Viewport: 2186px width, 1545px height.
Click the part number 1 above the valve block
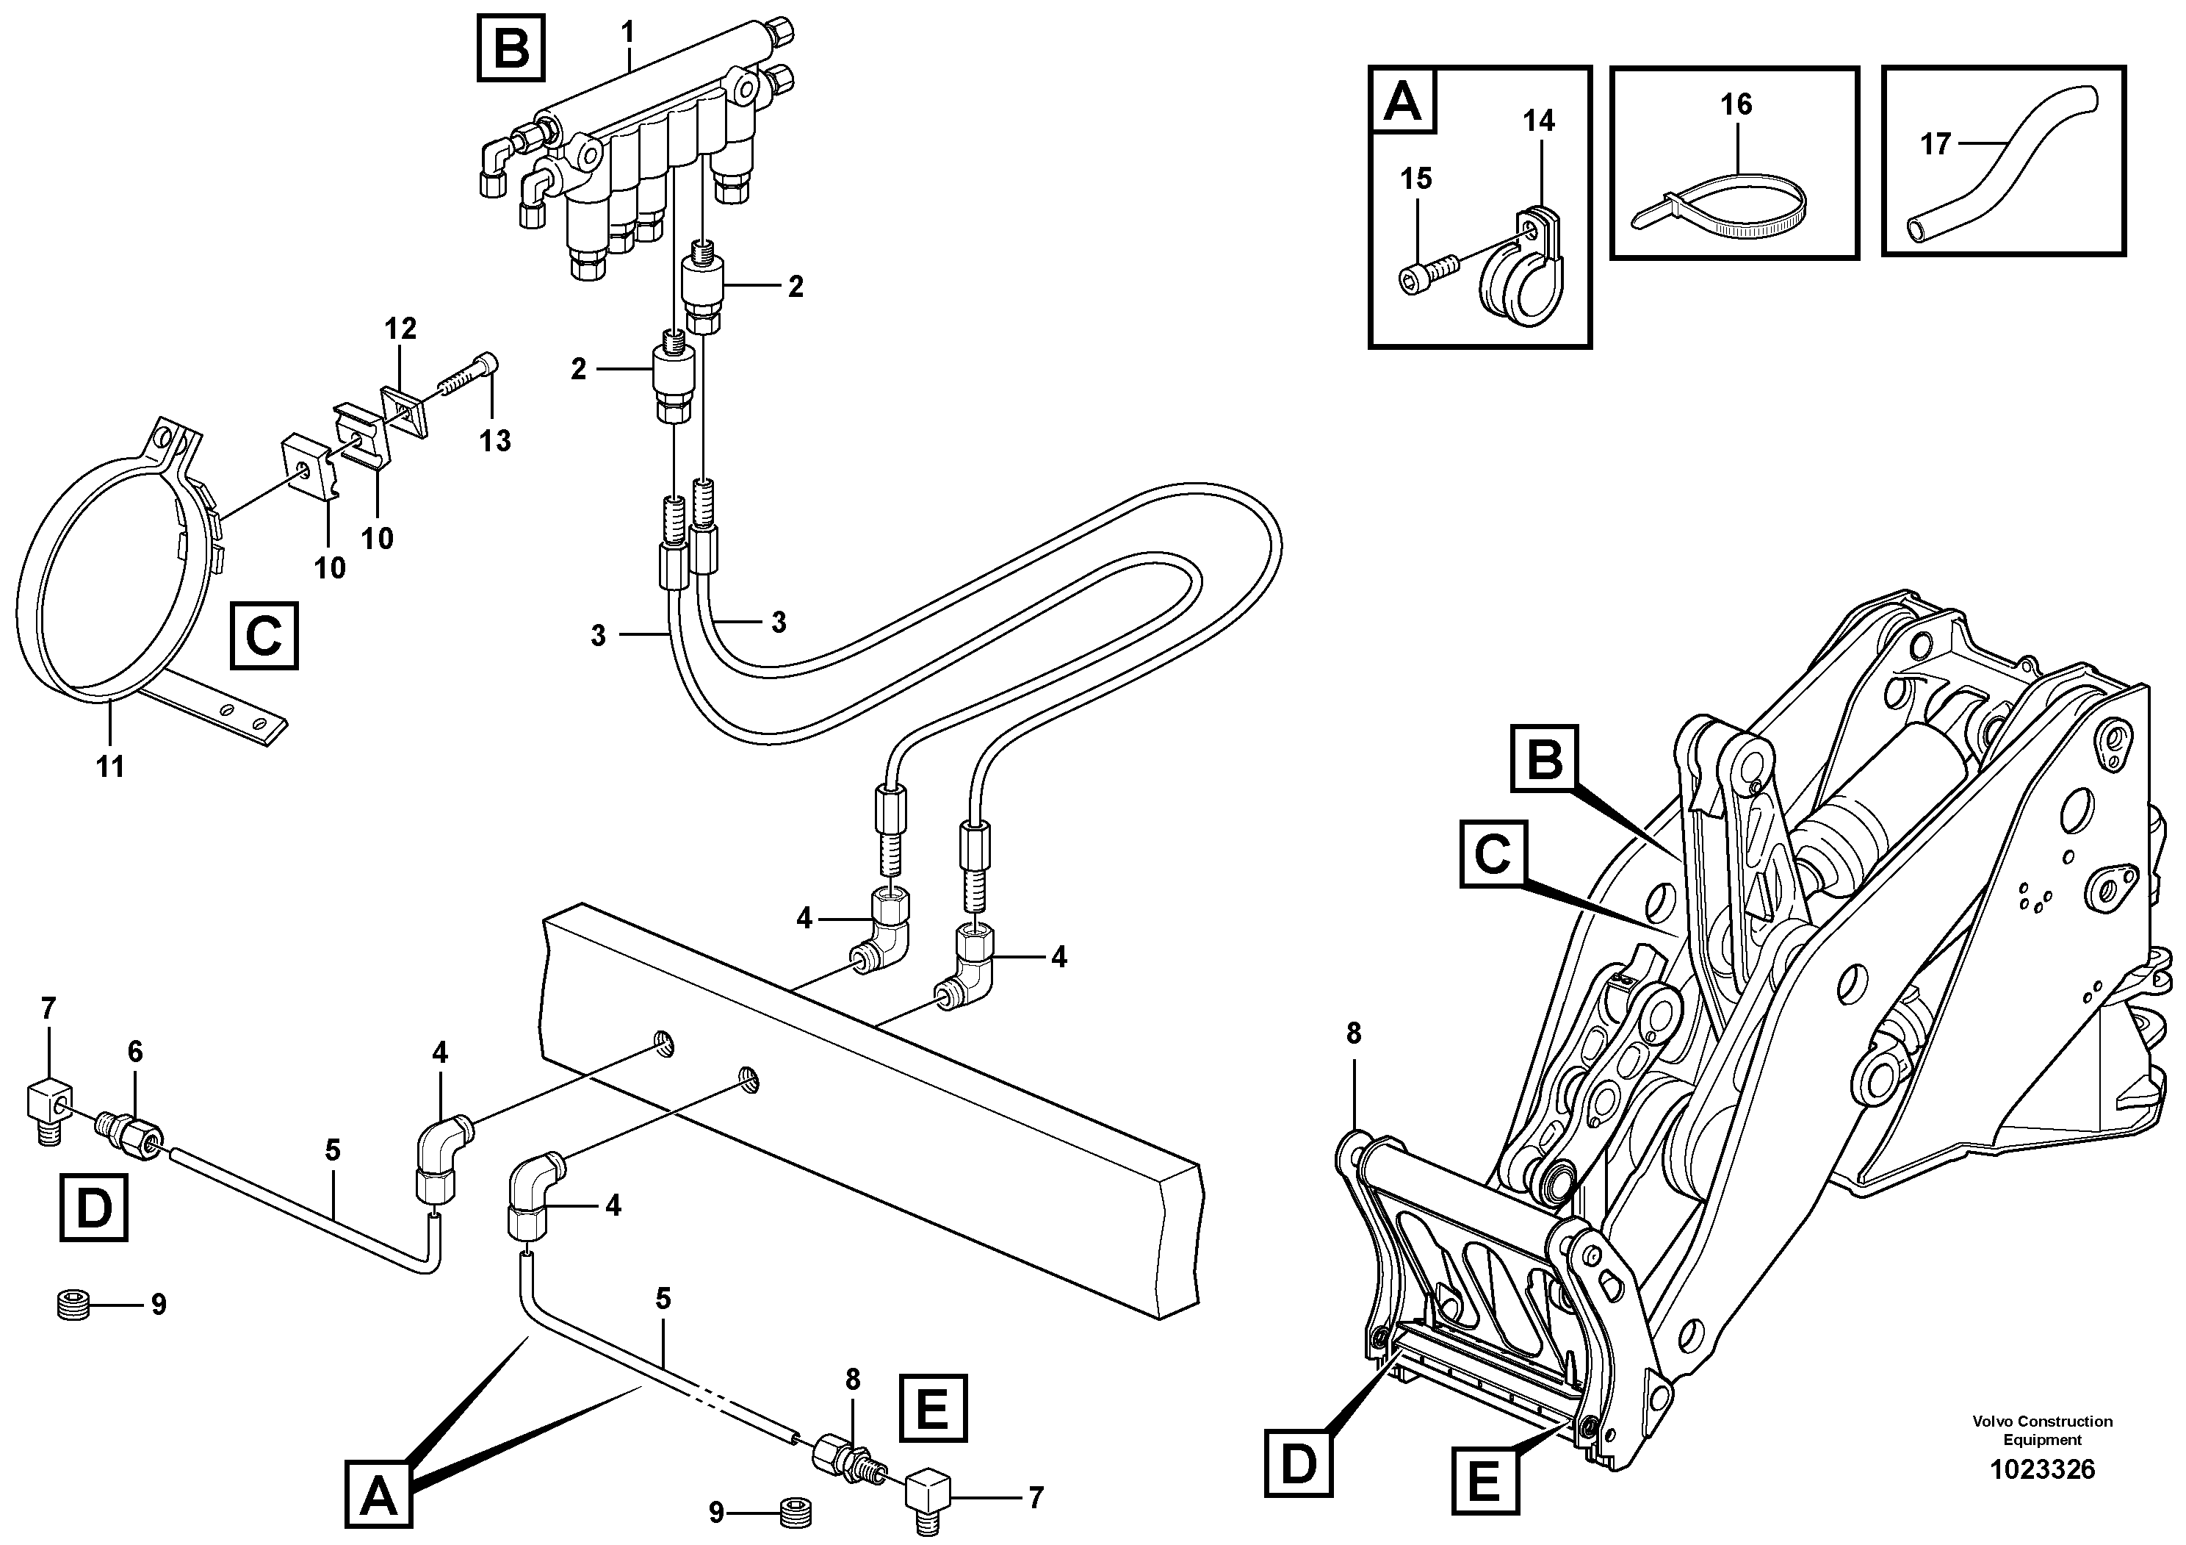pos(627,33)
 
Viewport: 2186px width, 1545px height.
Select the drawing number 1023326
pos(2042,1470)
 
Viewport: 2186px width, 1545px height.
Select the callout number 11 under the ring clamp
pos(110,766)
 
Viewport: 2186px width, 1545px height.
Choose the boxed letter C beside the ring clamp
pos(264,635)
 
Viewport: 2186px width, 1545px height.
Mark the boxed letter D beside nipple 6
pos(93,1208)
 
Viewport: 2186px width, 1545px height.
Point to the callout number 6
pos(135,1052)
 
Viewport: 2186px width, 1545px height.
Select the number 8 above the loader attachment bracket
pos(1354,1033)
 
